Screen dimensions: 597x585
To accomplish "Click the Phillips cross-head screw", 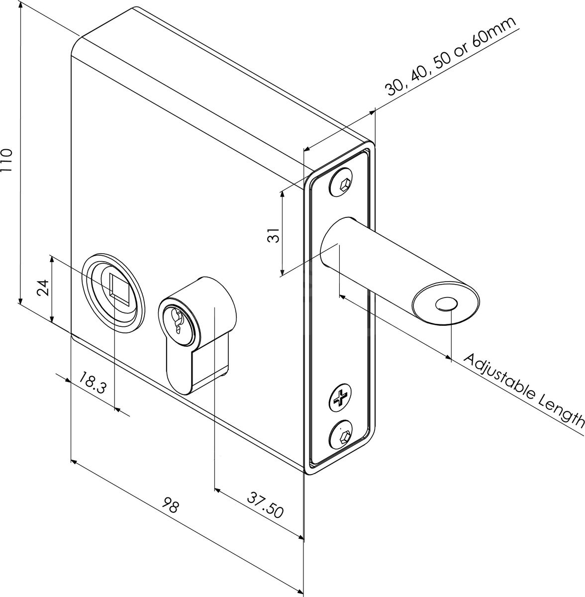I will click(x=341, y=398).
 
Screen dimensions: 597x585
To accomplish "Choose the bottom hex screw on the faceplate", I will click(x=342, y=437).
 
